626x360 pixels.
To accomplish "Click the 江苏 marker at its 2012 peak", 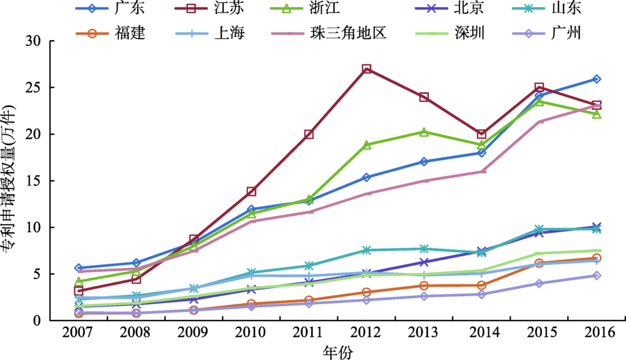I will [x=367, y=69].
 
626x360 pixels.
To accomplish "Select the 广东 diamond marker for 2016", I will [x=597, y=79].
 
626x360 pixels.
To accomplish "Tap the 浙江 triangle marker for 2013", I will [x=424, y=132].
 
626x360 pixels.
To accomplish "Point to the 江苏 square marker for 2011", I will [x=309, y=134].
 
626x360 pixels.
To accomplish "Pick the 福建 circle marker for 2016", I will [x=597, y=258].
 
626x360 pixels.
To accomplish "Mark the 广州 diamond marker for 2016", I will [x=597, y=275].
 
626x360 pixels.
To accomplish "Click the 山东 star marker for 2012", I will [x=367, y=250].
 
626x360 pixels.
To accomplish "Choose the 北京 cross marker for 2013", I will [x=424, y=262].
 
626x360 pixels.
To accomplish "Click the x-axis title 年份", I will [x=338, y=352].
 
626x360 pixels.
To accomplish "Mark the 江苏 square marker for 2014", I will [x=481, y=134].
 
